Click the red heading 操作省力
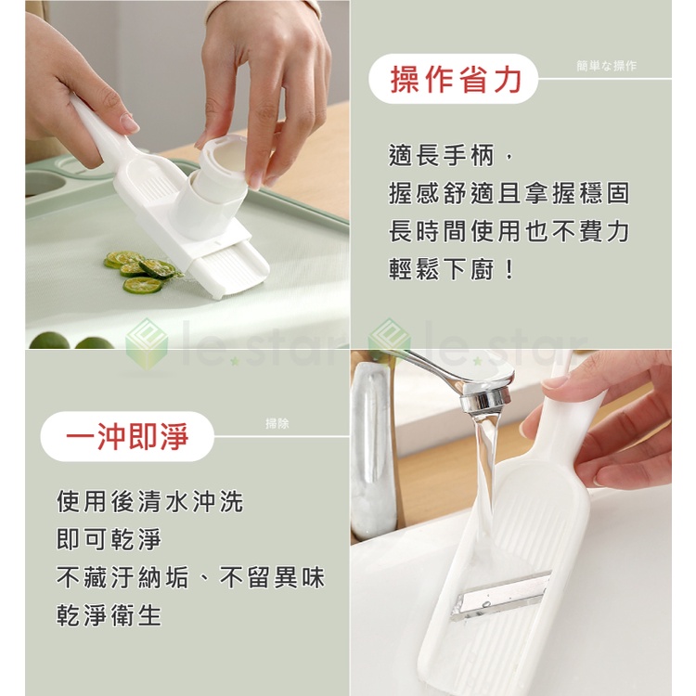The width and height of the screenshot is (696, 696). point(456,80)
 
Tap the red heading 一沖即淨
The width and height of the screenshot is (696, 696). point(127,436)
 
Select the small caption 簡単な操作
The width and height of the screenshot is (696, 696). point(606,66)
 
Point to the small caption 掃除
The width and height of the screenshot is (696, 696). point(277,423)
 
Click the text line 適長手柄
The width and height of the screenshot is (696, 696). point(451,156)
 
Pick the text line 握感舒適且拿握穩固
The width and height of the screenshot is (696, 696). point(509,194)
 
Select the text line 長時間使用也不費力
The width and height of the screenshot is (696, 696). point(509,231)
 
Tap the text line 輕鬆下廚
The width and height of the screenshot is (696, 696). point(451,269)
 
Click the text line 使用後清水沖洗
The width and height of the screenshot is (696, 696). point(150,501)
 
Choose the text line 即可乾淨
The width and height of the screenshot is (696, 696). point(109,539)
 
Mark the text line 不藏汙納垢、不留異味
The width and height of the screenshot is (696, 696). point(191,577)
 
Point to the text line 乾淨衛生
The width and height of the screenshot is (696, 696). point(109,615)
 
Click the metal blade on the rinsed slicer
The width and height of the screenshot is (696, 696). point(501,596)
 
